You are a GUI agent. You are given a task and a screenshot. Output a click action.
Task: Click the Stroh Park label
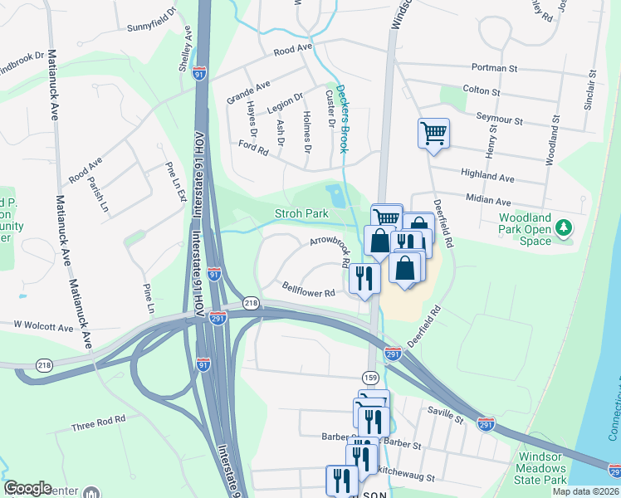click(x=302, y=214)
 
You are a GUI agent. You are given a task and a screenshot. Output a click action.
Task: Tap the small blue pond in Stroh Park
click(x=337, y=196)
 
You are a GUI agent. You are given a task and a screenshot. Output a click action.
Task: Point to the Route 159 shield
click(x=374, y=377)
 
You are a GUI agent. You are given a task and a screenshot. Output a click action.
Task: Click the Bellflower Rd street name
click(x=308, y=292)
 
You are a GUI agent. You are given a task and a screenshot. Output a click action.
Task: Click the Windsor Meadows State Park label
click(x=542, y=468)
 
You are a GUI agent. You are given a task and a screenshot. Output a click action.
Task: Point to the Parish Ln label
click(x=101, y=193)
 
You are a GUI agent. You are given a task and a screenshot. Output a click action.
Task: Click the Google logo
click(x=28, y=488)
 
